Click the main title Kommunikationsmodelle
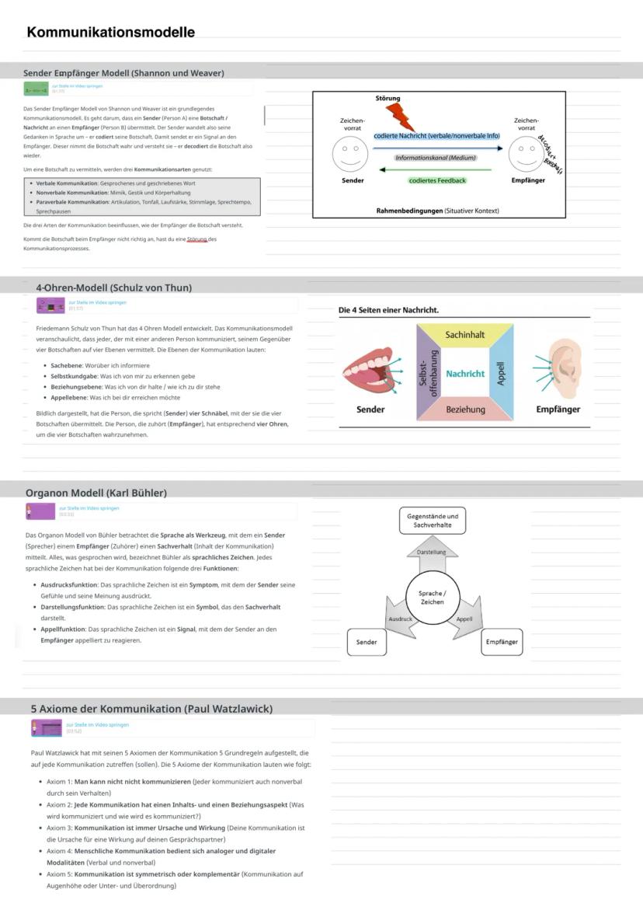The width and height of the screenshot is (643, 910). (110, 33)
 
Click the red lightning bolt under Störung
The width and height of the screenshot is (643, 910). (401, 117)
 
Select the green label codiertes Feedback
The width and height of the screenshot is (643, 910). (437, 180)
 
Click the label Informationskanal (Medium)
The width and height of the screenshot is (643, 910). (435, 158)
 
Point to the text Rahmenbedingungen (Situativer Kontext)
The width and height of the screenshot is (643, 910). (437, 211)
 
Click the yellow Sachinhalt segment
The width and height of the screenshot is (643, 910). (464, 334)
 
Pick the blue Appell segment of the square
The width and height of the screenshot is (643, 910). (502, 373)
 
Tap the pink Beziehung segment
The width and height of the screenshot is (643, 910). (465, 409)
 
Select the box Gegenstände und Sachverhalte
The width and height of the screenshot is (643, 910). (433, 521)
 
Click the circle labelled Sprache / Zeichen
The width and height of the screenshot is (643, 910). (433, 598)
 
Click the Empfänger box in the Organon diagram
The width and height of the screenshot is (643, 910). (502, 642)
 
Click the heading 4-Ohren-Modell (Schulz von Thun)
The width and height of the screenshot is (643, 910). (114, 288)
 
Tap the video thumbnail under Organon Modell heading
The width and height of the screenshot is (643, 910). (40, 511)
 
